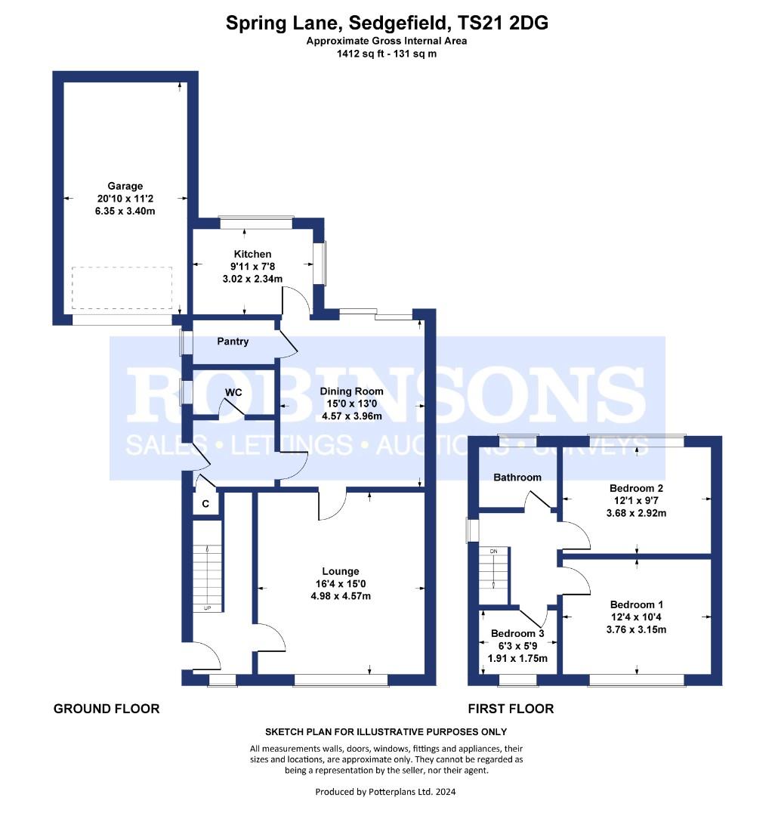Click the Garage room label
125,186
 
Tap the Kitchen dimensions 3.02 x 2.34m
252,279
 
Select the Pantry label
233,342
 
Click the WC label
233,392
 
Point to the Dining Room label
351,391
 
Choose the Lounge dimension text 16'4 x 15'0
341,584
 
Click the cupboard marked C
205,504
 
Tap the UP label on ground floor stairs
207,607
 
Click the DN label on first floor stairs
493,551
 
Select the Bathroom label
517,478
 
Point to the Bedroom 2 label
636,488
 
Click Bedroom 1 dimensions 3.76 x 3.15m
636,629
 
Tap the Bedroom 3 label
517,633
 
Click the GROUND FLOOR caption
107,709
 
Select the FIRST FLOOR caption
511,709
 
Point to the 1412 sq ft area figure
361,54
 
